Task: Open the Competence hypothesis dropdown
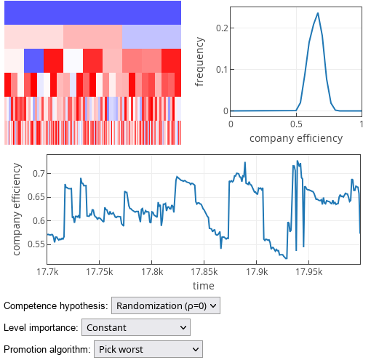(166, 306)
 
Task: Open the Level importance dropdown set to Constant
(136, 328)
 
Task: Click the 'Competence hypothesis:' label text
(56, 306)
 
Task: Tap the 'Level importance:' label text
(41, 328)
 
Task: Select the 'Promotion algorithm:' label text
(47, 350)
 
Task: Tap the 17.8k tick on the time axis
(151, 271)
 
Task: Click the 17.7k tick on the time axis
(47, 271)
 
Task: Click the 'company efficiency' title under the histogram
(296, 137)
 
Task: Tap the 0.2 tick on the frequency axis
(221, 28)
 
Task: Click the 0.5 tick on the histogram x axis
(296, 124)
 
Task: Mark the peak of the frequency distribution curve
(318, 13)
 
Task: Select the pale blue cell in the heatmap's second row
(151, 36)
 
